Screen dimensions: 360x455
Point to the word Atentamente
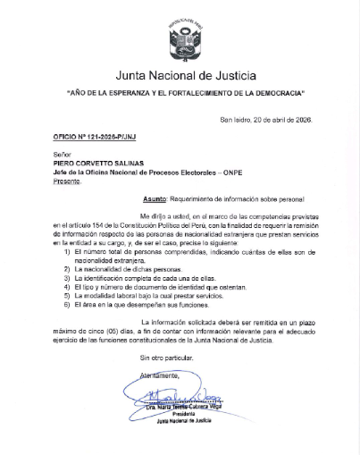(x=158, y=375)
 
